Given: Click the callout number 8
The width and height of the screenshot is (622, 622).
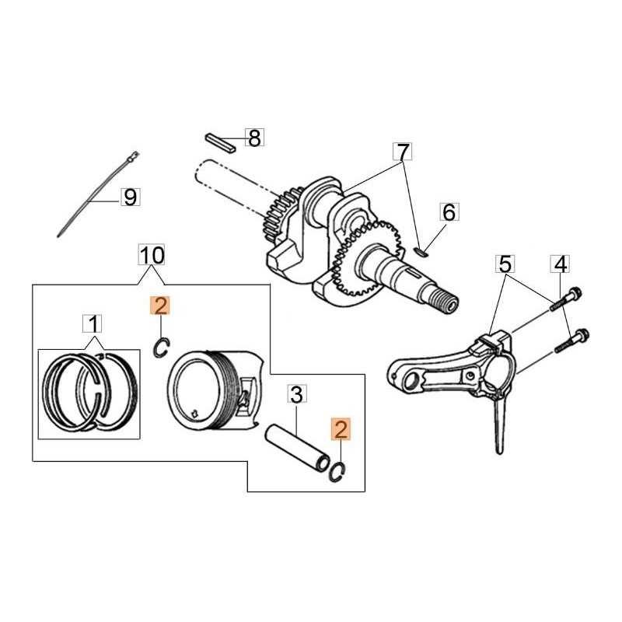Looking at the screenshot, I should (x=254, y=138).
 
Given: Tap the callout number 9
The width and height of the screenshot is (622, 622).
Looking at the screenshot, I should (x=130, y=197).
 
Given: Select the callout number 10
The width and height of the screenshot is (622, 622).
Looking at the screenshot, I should (x=152, y=254).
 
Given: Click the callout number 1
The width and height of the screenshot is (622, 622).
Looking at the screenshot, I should (x=93, y=323).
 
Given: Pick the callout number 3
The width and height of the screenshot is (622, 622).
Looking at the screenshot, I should (x=295, y=394).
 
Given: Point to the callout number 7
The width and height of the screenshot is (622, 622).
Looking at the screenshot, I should (x=400, y=152).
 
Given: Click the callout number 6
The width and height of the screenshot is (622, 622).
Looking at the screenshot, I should (x=450, y=212).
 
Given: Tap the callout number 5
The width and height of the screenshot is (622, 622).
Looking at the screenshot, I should (x=505, y=264).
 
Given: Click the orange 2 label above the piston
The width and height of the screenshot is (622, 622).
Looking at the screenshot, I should (x=159, y=306).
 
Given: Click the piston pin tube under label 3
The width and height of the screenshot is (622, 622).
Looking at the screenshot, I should (x=299, y=447).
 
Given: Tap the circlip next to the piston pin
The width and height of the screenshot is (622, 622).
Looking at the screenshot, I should (x=337, y=471).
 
